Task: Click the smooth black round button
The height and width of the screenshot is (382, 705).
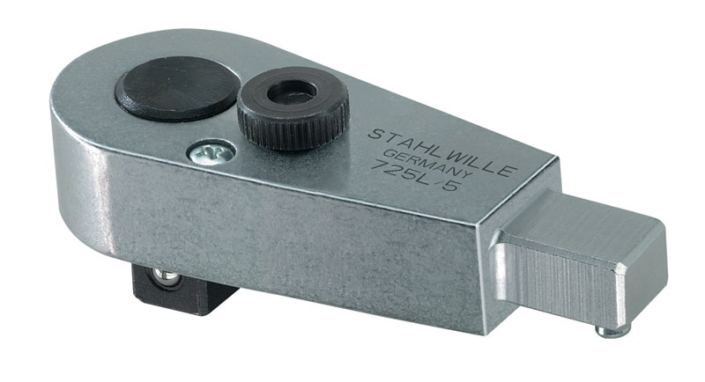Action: click(x=176, y=89)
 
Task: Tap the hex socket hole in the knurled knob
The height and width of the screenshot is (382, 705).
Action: click(x=292, y=92)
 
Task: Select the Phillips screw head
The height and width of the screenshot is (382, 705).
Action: click(x=211, y=153)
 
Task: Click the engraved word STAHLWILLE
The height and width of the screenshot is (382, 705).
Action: click(x=442, y=151)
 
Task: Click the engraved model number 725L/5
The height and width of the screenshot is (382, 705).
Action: click(x=413, y=175)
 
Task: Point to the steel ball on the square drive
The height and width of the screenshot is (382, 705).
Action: click(x=168, y=278)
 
